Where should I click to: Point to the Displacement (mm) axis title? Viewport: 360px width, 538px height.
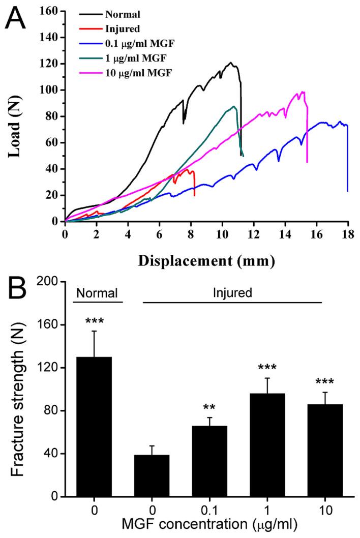pos(206,261)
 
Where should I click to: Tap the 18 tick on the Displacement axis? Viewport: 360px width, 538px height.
pos(348,235)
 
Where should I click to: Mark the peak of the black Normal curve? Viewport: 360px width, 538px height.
pos(231,63)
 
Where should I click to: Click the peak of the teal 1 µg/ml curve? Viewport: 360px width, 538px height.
pos(233,106)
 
